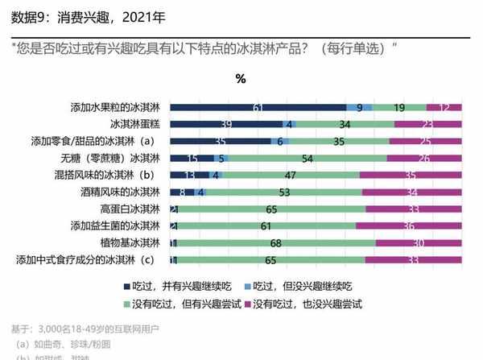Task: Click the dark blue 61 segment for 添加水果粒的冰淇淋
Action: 258,107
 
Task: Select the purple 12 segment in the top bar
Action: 444,107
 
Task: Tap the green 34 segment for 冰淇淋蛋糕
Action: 345,124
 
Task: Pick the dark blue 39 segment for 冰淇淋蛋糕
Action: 227,124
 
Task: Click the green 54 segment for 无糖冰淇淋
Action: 308,158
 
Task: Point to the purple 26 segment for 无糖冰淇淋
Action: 424,158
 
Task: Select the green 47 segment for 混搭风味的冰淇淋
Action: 290,175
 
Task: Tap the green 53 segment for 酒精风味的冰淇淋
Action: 284,192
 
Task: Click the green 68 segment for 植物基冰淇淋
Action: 275,242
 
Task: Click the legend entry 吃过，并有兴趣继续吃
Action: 180,285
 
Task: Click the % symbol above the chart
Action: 240,78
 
